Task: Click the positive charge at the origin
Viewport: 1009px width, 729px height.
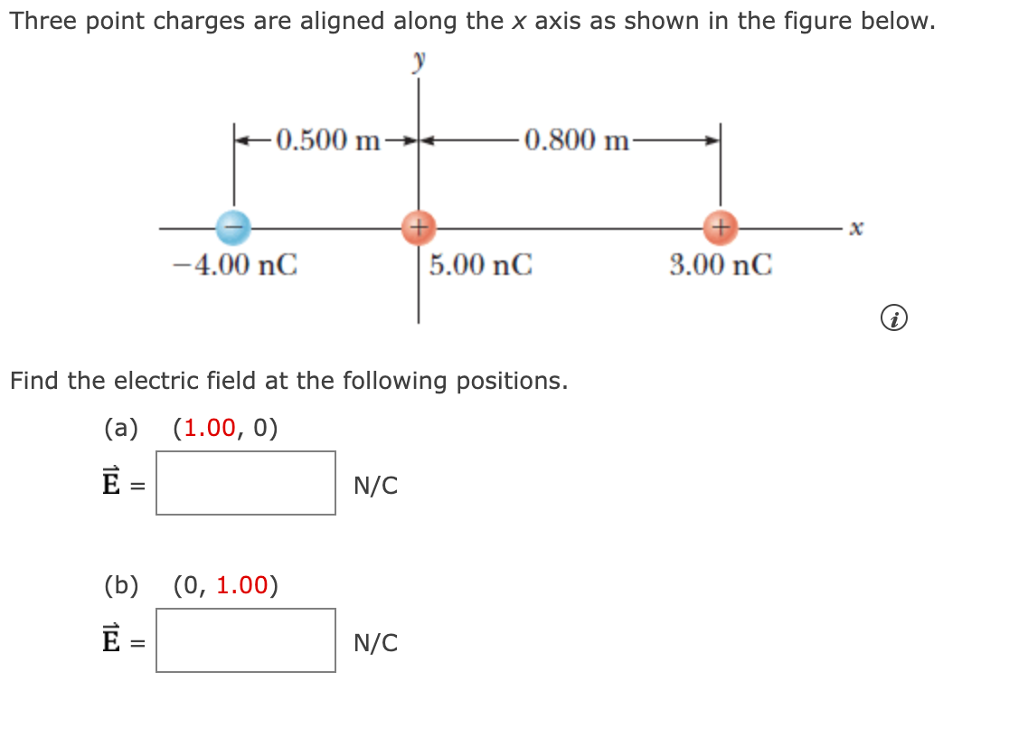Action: [418, 226]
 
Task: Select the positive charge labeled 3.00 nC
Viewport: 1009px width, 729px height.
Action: [721, 226]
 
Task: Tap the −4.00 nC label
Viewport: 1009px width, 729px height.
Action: [235, 265]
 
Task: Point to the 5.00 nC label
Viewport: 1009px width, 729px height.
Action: [481, 265]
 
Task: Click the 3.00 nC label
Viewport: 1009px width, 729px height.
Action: [721, 265]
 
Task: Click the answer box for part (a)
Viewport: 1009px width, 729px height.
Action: [245, 483]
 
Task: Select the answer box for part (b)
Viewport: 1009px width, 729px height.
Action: [245, 640]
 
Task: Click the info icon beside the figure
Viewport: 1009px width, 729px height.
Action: [892, 318]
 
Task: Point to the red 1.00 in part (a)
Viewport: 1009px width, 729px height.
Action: [210, 428]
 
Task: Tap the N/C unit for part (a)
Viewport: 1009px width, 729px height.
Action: [375, 486]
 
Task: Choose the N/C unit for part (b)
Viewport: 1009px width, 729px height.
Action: [375, 643]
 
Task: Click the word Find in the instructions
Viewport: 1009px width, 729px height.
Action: [35, 381]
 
